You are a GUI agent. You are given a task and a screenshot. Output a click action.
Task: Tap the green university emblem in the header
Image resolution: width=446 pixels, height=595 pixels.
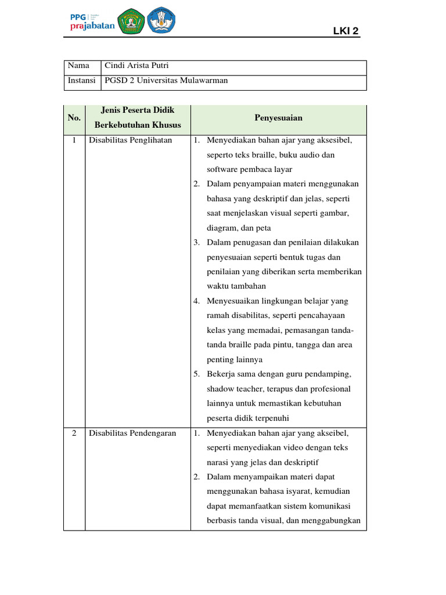(x=131, y=21)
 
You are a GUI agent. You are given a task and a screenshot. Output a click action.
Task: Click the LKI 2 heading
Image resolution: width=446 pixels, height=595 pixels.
(x=346, y=30)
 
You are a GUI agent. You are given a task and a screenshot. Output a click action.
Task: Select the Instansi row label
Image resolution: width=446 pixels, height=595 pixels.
(x=81, y=81)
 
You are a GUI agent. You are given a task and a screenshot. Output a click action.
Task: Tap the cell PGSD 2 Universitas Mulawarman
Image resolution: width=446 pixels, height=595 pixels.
(x=166, y=81)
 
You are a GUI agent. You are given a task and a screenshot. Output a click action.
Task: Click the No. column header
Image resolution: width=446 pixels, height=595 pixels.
(x=74, y=118)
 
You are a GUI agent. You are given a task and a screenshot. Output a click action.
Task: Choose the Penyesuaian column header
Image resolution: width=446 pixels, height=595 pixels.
(x=278, y=118)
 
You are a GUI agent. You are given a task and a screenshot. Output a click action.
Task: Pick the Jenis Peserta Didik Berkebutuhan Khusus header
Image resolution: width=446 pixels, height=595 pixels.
(x=138, y=118)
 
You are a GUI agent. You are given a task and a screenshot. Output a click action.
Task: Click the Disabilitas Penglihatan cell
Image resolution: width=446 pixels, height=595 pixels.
(x=130, y=141)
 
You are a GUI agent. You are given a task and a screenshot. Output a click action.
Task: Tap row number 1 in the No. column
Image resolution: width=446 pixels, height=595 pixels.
(x=74, y=141)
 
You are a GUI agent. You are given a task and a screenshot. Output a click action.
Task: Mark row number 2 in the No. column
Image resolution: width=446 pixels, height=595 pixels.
(x=74, y=433)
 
